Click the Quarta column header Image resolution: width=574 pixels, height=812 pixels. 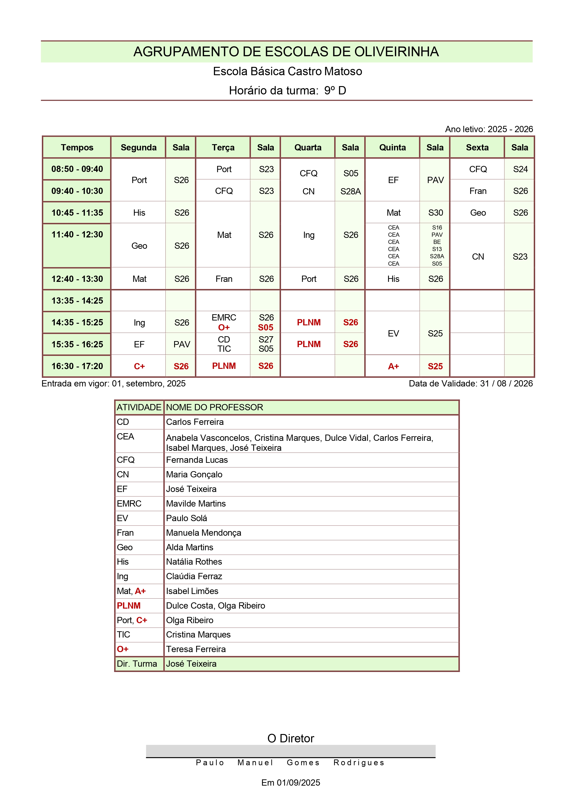tap(308, 147)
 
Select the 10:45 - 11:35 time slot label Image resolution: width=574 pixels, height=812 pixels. tap(77, 213)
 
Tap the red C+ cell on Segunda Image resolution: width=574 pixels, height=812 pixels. tap(139, 366)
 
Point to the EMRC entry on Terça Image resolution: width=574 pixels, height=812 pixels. tap(224, 317)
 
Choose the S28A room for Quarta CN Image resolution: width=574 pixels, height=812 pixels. tap(350, 191)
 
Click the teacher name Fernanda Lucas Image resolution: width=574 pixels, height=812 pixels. tap(197, 460)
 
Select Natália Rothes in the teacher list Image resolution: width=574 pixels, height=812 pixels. tap(194, 562)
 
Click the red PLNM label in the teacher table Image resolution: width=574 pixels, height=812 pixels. tap(129, 605)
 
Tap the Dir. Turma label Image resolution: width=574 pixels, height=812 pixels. tap(137, 663)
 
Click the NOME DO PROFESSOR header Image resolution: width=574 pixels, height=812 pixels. tap(215, 408)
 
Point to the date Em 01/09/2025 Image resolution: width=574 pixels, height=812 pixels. tap(290, 783)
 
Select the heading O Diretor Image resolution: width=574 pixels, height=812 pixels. tap(290, 738)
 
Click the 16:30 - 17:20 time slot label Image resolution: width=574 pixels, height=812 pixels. tap(77, 366)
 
